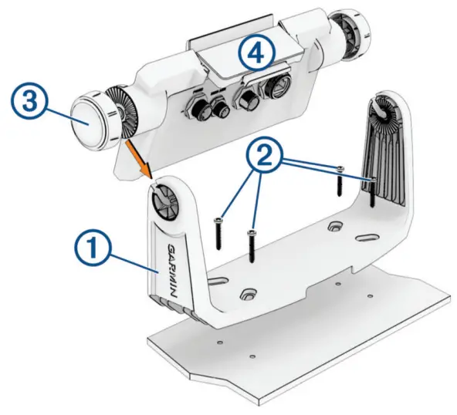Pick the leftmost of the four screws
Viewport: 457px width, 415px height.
pos(220,232)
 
